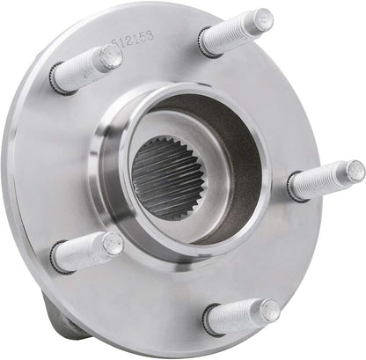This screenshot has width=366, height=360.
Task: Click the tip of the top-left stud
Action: click(x=111, y=57)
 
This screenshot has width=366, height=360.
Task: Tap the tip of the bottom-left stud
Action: click(x=113, y=243)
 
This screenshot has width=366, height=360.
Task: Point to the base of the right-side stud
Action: click(x=295, y=188)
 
